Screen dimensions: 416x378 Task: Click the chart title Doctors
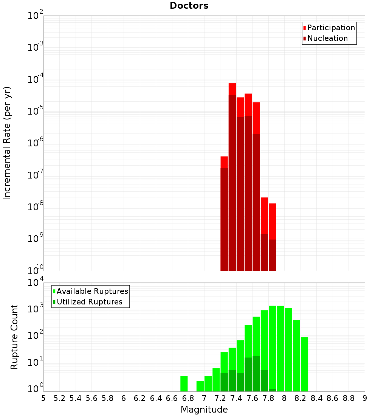tap(189, 6)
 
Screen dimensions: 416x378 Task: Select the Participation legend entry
tap(331, 28)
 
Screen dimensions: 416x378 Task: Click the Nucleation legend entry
tap(327, 38)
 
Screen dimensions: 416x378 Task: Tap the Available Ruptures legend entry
tap(92, 291)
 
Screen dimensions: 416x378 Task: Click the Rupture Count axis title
tap(14, 337)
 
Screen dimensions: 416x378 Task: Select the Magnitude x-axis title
tap(204, 410)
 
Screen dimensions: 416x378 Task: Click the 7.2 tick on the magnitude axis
tap(220, 398)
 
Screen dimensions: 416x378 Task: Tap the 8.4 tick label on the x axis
tap(316, 398)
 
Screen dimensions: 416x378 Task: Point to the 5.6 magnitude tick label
tap(91, 398)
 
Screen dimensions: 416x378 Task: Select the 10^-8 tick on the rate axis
tap(36, 207)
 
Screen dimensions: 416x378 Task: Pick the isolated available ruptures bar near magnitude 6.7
tap(184, 383)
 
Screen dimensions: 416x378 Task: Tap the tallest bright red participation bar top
tap(232, 85)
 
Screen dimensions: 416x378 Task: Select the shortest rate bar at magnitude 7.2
tap(224, 216)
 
